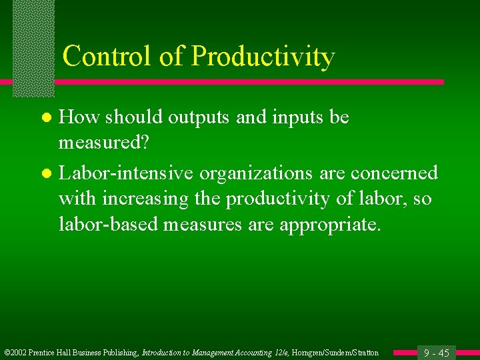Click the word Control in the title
[107, 56]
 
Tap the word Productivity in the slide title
[263, 57]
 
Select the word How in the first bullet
[79, 117]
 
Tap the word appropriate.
[330, 225]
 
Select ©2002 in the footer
[16, 353]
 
